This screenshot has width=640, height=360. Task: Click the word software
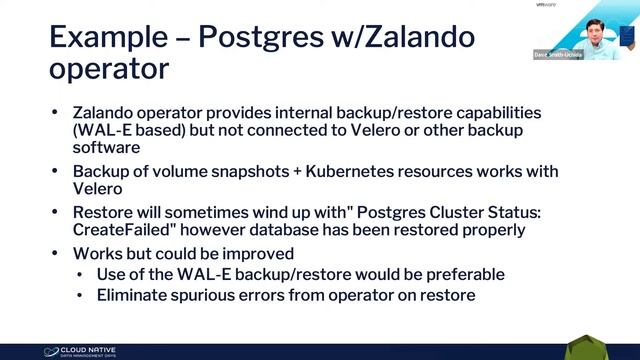coord(105,148)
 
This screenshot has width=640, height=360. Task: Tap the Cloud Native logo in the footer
coord(79,351)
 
